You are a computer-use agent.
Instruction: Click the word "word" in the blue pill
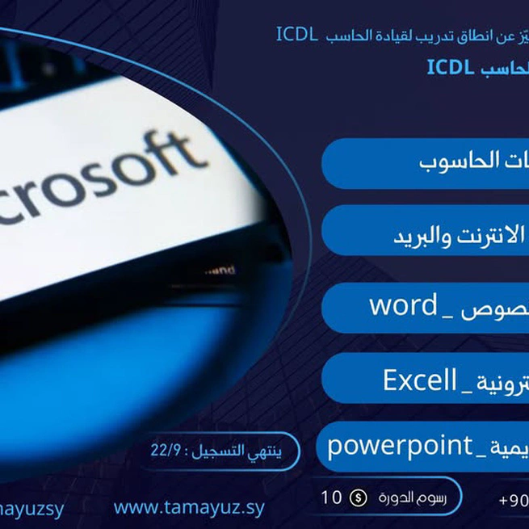403,306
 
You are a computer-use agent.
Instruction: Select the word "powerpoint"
399,445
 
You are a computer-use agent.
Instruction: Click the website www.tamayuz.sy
189,508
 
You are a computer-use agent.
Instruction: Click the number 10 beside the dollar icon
332,498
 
